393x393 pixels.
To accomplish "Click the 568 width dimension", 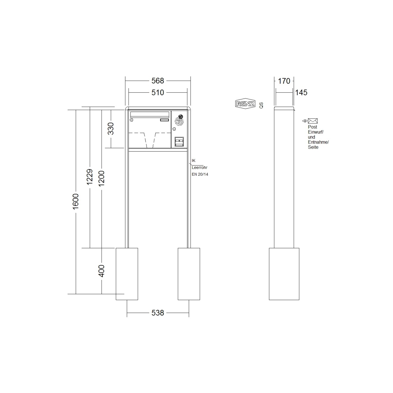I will pyautogui.click(x=157, y=81).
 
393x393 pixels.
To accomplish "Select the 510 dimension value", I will pyautogui.click(x=157, y=93).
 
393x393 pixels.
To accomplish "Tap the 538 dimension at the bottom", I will pyautogui.click(x=157, y=313).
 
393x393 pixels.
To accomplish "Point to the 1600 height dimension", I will pyautogui.click(x=76, y=201).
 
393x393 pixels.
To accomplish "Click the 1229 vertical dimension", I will pyautogui.click(x=90, y=177).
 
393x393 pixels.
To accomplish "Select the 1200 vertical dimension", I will pyautogui.click(x=102, y=178).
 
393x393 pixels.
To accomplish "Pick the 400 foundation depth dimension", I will pyautogui.click(x=102, y=271).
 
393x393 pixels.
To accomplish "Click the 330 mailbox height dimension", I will pyautogui.click(x=111, y=129).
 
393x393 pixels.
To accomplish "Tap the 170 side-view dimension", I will pyautogui.click(x=284, y=81).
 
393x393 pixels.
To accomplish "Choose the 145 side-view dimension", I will pyautogui.click(x=301, y=93).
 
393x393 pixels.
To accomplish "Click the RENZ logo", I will pyautogui.click(x=245, y=104).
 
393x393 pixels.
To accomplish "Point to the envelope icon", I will pyautogui.click(x=313, y=121).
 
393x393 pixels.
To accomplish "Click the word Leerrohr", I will pyautogui.click(x=199, y=168).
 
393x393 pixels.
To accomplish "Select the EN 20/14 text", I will pyautogui.click(x=200, y=174).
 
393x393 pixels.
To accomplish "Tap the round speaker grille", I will pyautogui.click(x=179, y=120).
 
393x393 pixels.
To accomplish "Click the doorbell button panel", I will pyautogui.click(x=179, y=142).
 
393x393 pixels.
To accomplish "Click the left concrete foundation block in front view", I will pyautogui.click(x=127, y=274).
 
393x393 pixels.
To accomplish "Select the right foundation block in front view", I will pyautogui.click(x=189, y=274).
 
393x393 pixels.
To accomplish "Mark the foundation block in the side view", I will pyautogui.click(x=284, y=274).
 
